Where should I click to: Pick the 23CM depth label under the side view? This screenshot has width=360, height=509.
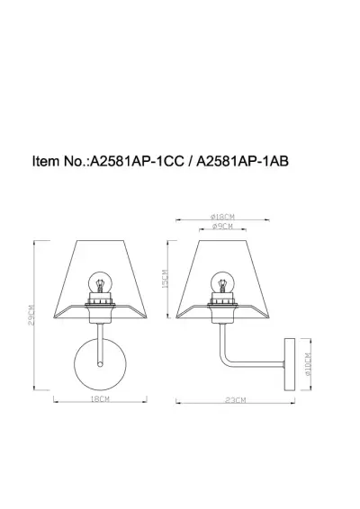tap(237, 397)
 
